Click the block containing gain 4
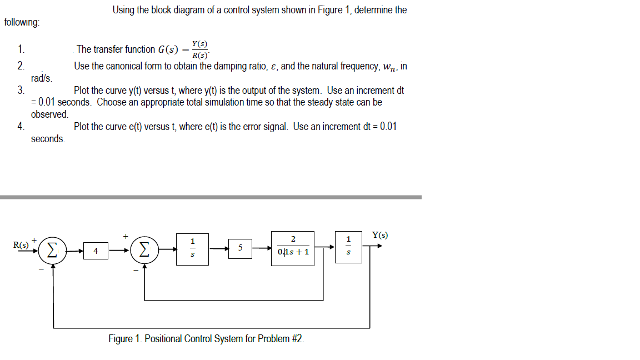point(96,251)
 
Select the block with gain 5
point(240,248)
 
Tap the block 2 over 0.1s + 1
point(293,248)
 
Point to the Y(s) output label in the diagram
point(380,234)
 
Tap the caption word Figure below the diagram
point(121,338)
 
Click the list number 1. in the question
point(21,49)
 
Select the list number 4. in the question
point(21,127)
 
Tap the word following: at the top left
point(22,23)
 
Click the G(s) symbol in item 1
point(168,49)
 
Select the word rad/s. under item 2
point(42,78)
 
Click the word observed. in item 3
point(49,114)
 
